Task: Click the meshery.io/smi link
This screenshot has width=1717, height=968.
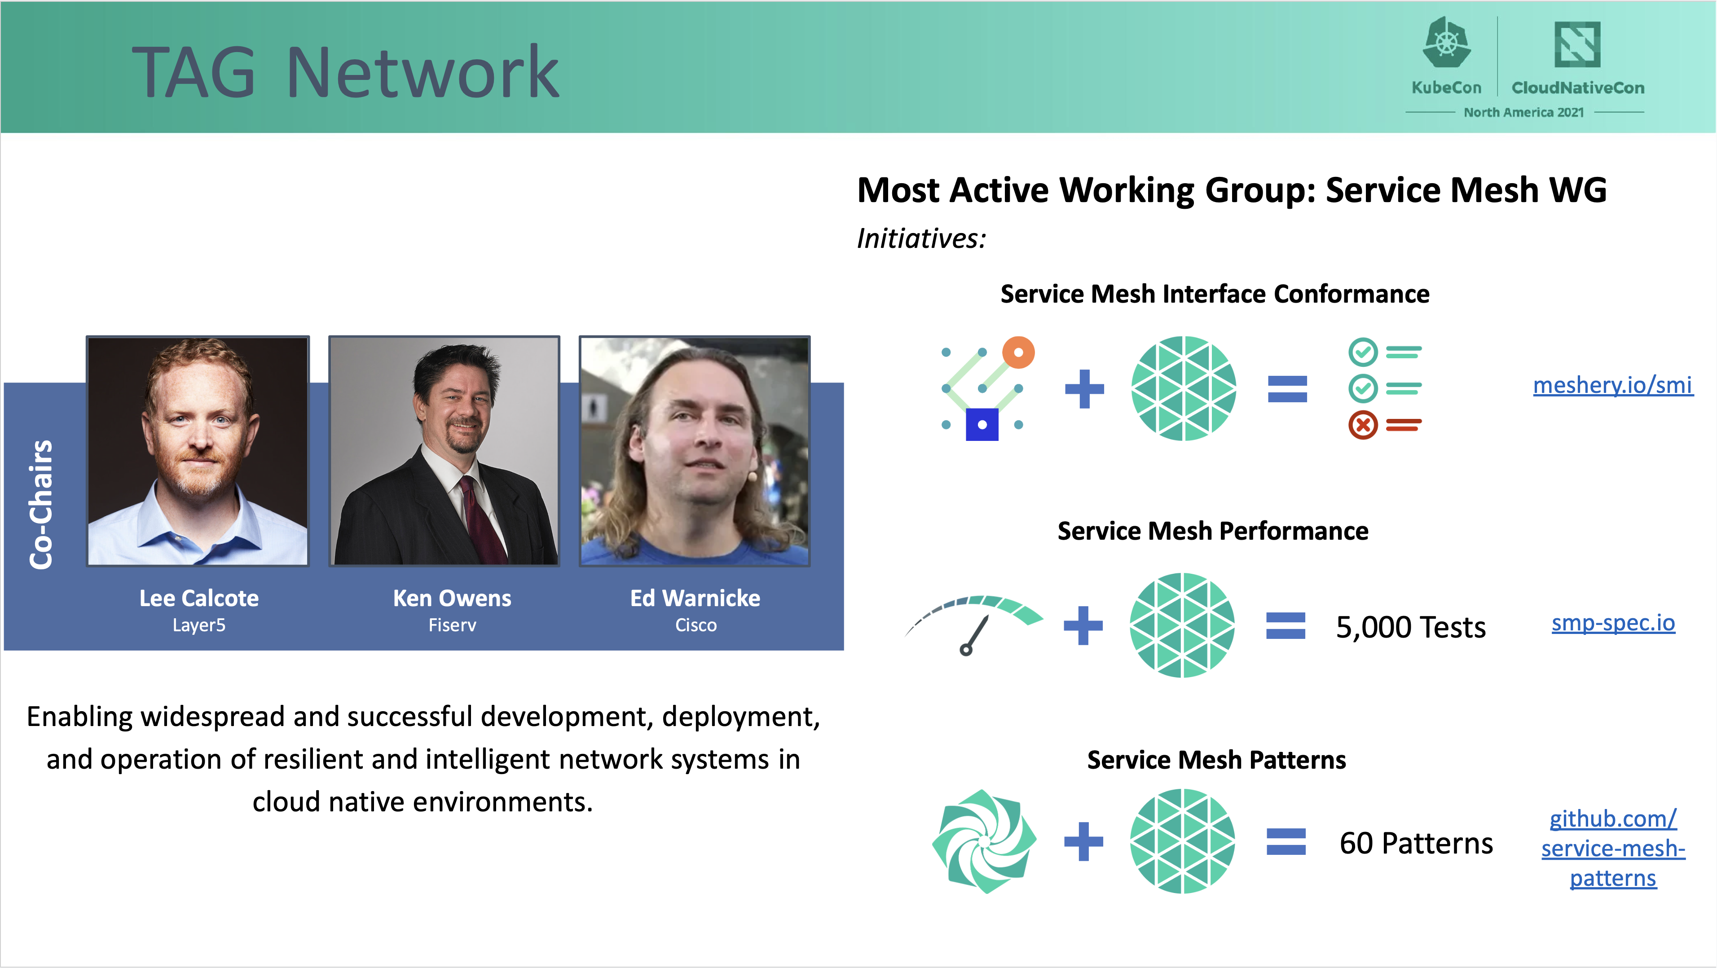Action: point(1612,385)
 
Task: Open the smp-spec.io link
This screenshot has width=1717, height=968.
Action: point(1613,623)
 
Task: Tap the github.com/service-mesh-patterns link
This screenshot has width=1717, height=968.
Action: point(1613,848)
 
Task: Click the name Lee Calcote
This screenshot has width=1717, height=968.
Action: point(198,598)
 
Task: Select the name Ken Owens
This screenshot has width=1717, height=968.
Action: point(452,598)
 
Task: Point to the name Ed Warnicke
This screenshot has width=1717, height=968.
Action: point(695,598)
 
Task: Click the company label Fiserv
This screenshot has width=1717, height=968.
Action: point(452,625)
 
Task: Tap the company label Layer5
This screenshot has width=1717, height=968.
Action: point(198,625)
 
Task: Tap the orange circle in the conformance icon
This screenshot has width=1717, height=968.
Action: point(1018,352)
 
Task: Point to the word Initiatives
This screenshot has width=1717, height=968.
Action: point(920,238)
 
